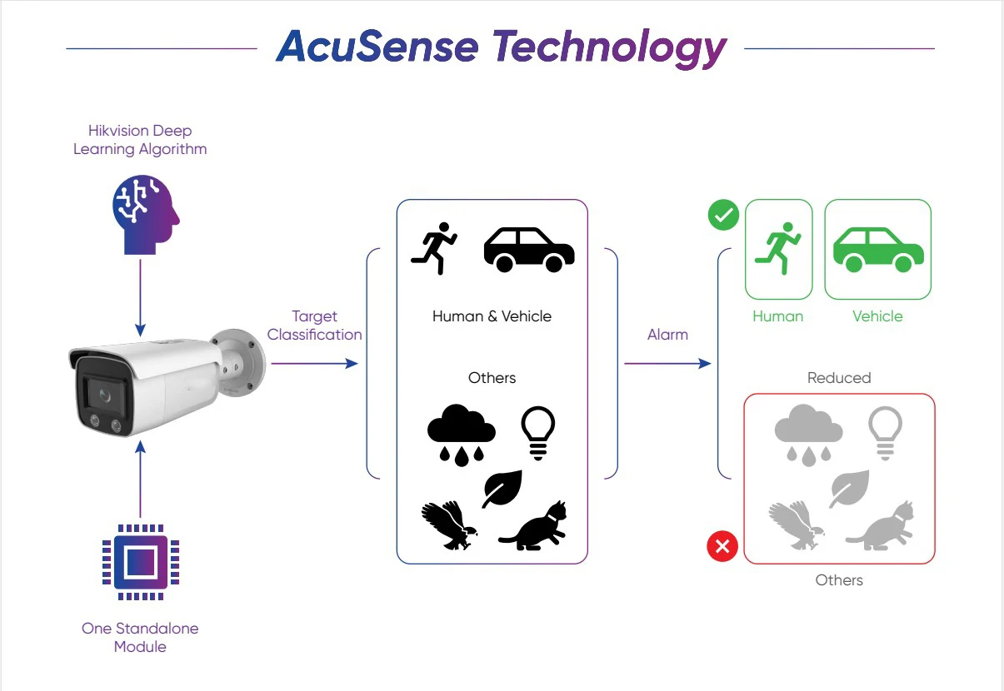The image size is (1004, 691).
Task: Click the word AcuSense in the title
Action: (x=377, y=47)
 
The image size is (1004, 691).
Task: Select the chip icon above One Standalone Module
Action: (x=140, y=562)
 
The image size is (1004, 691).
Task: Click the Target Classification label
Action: (x=314, y=326)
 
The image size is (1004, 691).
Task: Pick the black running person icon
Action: (x=434, y=247)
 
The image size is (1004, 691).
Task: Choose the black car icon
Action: (x=529, y=249)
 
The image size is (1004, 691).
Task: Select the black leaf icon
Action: (x=502, y=489)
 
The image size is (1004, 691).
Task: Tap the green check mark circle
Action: (x=722, y=216)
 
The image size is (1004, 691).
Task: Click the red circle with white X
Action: (x=722, y=547)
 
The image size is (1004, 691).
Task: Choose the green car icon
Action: (x=878, y=249)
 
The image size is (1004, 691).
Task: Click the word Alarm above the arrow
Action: (x=667, y=335)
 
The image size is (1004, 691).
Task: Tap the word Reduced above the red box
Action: (x=839, y=378)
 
